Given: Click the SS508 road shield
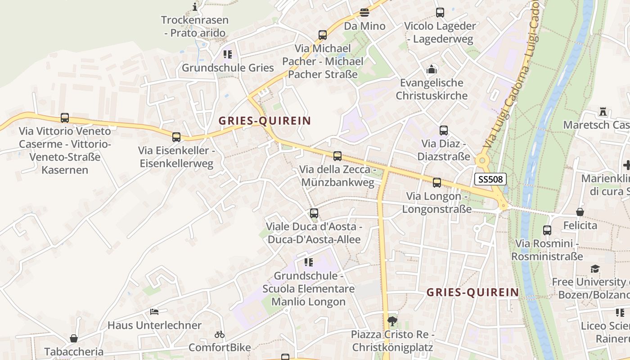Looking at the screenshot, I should (x=490, y=180).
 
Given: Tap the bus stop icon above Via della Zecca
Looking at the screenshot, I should (x=337, y=156).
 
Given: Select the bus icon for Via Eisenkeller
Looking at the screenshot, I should (x=176, y=137).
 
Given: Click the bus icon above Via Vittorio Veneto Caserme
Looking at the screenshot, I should (x=65, y=118).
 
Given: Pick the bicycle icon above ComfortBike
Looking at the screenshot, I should (x=220, y=334).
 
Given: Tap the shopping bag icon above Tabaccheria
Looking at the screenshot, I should (x=73, y=338).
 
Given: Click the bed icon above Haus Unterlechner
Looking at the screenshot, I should (x=154, y=311).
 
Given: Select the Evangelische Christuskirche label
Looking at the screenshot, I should (x=432, y=89).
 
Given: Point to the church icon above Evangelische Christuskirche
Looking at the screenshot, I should (x=432, y=69).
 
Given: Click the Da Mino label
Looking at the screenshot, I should (x=364, y=26).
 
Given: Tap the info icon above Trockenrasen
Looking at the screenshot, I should (x=195, y=7).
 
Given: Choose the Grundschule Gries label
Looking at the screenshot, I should (x=228, y=68).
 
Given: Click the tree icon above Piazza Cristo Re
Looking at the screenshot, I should (x=392, y=321).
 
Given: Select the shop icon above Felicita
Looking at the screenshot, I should (x=580, y=212).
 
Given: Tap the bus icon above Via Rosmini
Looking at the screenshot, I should (x=547, y=230).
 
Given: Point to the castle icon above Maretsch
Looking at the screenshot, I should (x=603, y=111).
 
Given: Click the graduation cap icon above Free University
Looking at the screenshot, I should (x=595, y=269).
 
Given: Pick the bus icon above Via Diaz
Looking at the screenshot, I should (x=444, y=130).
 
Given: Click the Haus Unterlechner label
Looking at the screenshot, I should (x=154, y=325).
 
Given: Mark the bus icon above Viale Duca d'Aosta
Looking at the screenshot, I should (x=314, y=213).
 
